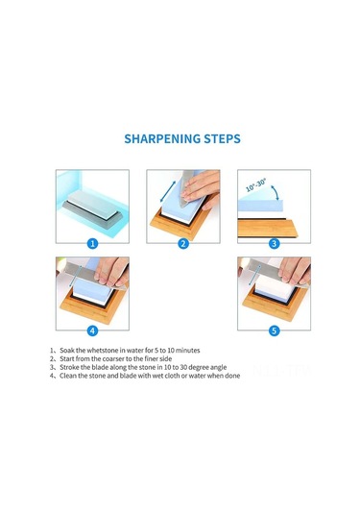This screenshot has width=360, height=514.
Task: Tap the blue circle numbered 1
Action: (x=92, y=244)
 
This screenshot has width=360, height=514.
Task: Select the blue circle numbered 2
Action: (x=183, y=244)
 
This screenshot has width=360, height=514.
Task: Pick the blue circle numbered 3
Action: (x=274, y=244)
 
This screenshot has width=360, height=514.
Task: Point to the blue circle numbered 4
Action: (x=92, y=330)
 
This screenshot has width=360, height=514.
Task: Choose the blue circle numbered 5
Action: (x=274, y=330)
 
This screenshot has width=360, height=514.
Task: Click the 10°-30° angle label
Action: (x=256, y=185)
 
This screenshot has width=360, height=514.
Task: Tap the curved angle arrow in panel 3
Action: (x=276, y=191)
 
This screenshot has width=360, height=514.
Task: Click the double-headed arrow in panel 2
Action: (x=168, y=191)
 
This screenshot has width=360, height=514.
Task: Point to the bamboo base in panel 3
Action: (x=268, y=228)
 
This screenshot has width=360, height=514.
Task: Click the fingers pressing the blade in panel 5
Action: (x=294, y=271)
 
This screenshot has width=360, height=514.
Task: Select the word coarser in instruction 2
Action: (x=112, y=359)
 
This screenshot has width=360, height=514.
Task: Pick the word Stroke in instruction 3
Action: (x=69, y=367)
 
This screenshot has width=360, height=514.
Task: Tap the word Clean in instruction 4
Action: (x=68, y=376)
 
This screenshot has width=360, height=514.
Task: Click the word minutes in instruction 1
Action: (x=188, y=351)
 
